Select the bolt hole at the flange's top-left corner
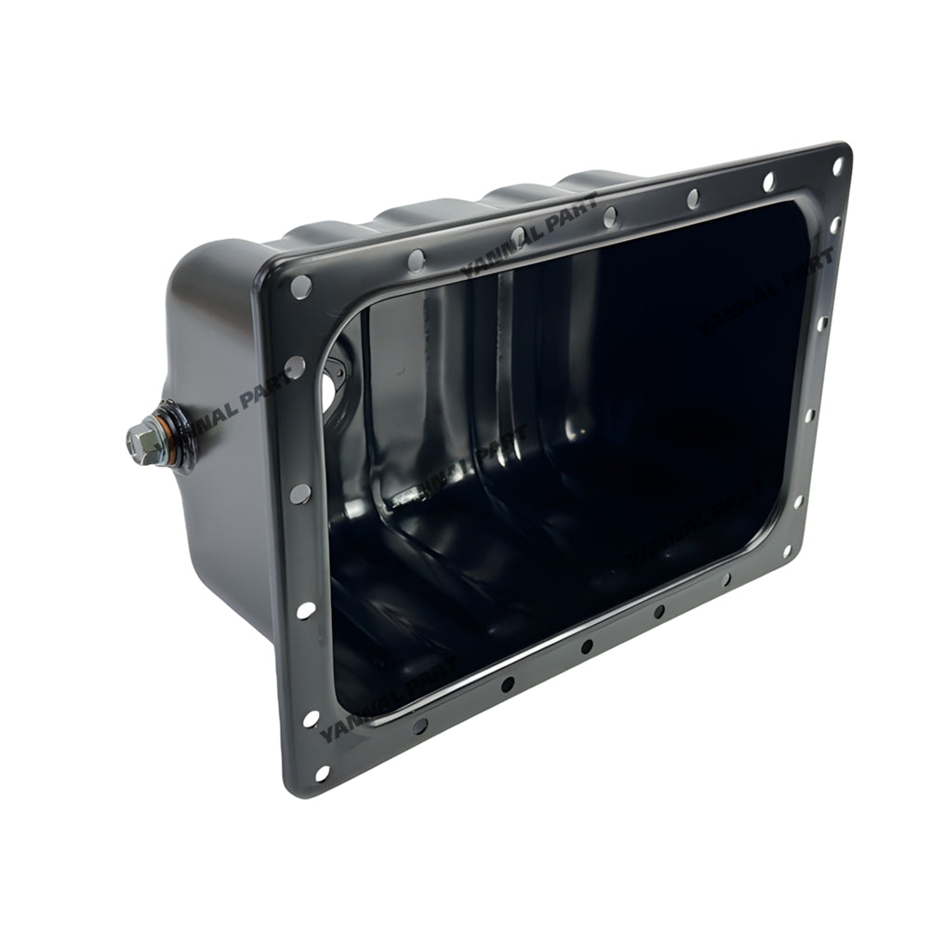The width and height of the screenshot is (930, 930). (x=300, y=286)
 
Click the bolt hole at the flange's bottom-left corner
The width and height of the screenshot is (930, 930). (x=322, y=773)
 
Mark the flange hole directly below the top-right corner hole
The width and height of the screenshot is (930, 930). (x=834, y=224)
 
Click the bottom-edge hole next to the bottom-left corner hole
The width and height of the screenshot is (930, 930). (x=420, y=724)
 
